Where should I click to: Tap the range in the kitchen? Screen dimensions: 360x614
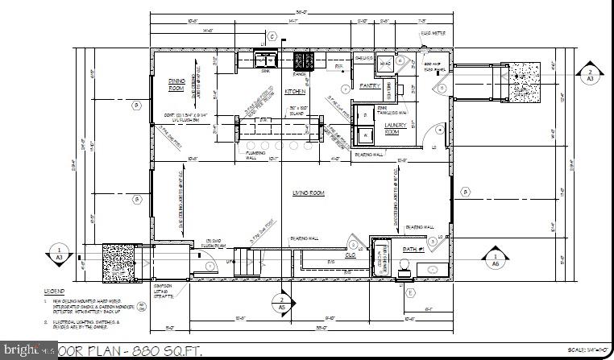304,60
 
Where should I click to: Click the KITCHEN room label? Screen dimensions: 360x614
295,92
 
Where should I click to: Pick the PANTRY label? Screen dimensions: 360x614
369,85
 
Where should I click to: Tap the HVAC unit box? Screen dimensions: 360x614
385,63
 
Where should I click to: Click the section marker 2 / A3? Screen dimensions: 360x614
590,74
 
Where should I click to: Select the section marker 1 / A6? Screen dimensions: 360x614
495,258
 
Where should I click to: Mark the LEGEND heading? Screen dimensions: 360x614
55,290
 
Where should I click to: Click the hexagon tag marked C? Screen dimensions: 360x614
272,36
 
